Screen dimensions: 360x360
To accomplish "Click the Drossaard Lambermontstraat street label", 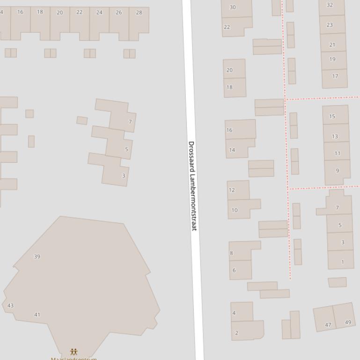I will [192, 186].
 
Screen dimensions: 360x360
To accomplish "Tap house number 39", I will [37, 257].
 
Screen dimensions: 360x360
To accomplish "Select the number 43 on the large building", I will [10, 306].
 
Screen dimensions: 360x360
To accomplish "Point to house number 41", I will [37, 315].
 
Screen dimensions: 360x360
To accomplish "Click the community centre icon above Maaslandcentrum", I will [73, 352].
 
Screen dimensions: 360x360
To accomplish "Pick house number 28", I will [139, 13].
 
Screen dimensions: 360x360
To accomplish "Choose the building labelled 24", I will [99, 13].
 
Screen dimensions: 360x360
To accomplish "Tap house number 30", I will [233, 7].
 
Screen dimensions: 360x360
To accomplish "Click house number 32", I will [330, 5].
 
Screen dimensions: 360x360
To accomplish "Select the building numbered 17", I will [335, 76].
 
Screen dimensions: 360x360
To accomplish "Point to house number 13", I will [335, 137].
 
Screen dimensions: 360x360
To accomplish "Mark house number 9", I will [337, 171].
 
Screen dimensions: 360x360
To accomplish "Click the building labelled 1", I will [342, 262].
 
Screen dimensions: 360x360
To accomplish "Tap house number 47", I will [328, 325].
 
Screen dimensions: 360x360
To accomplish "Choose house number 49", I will [348, 322].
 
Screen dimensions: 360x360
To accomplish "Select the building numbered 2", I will [237, 333].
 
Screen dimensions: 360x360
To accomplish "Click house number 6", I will [234, 270].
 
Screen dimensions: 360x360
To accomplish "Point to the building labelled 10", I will [235, 210].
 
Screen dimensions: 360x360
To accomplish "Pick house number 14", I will [232, 150].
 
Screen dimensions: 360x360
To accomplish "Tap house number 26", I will [119, 13].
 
